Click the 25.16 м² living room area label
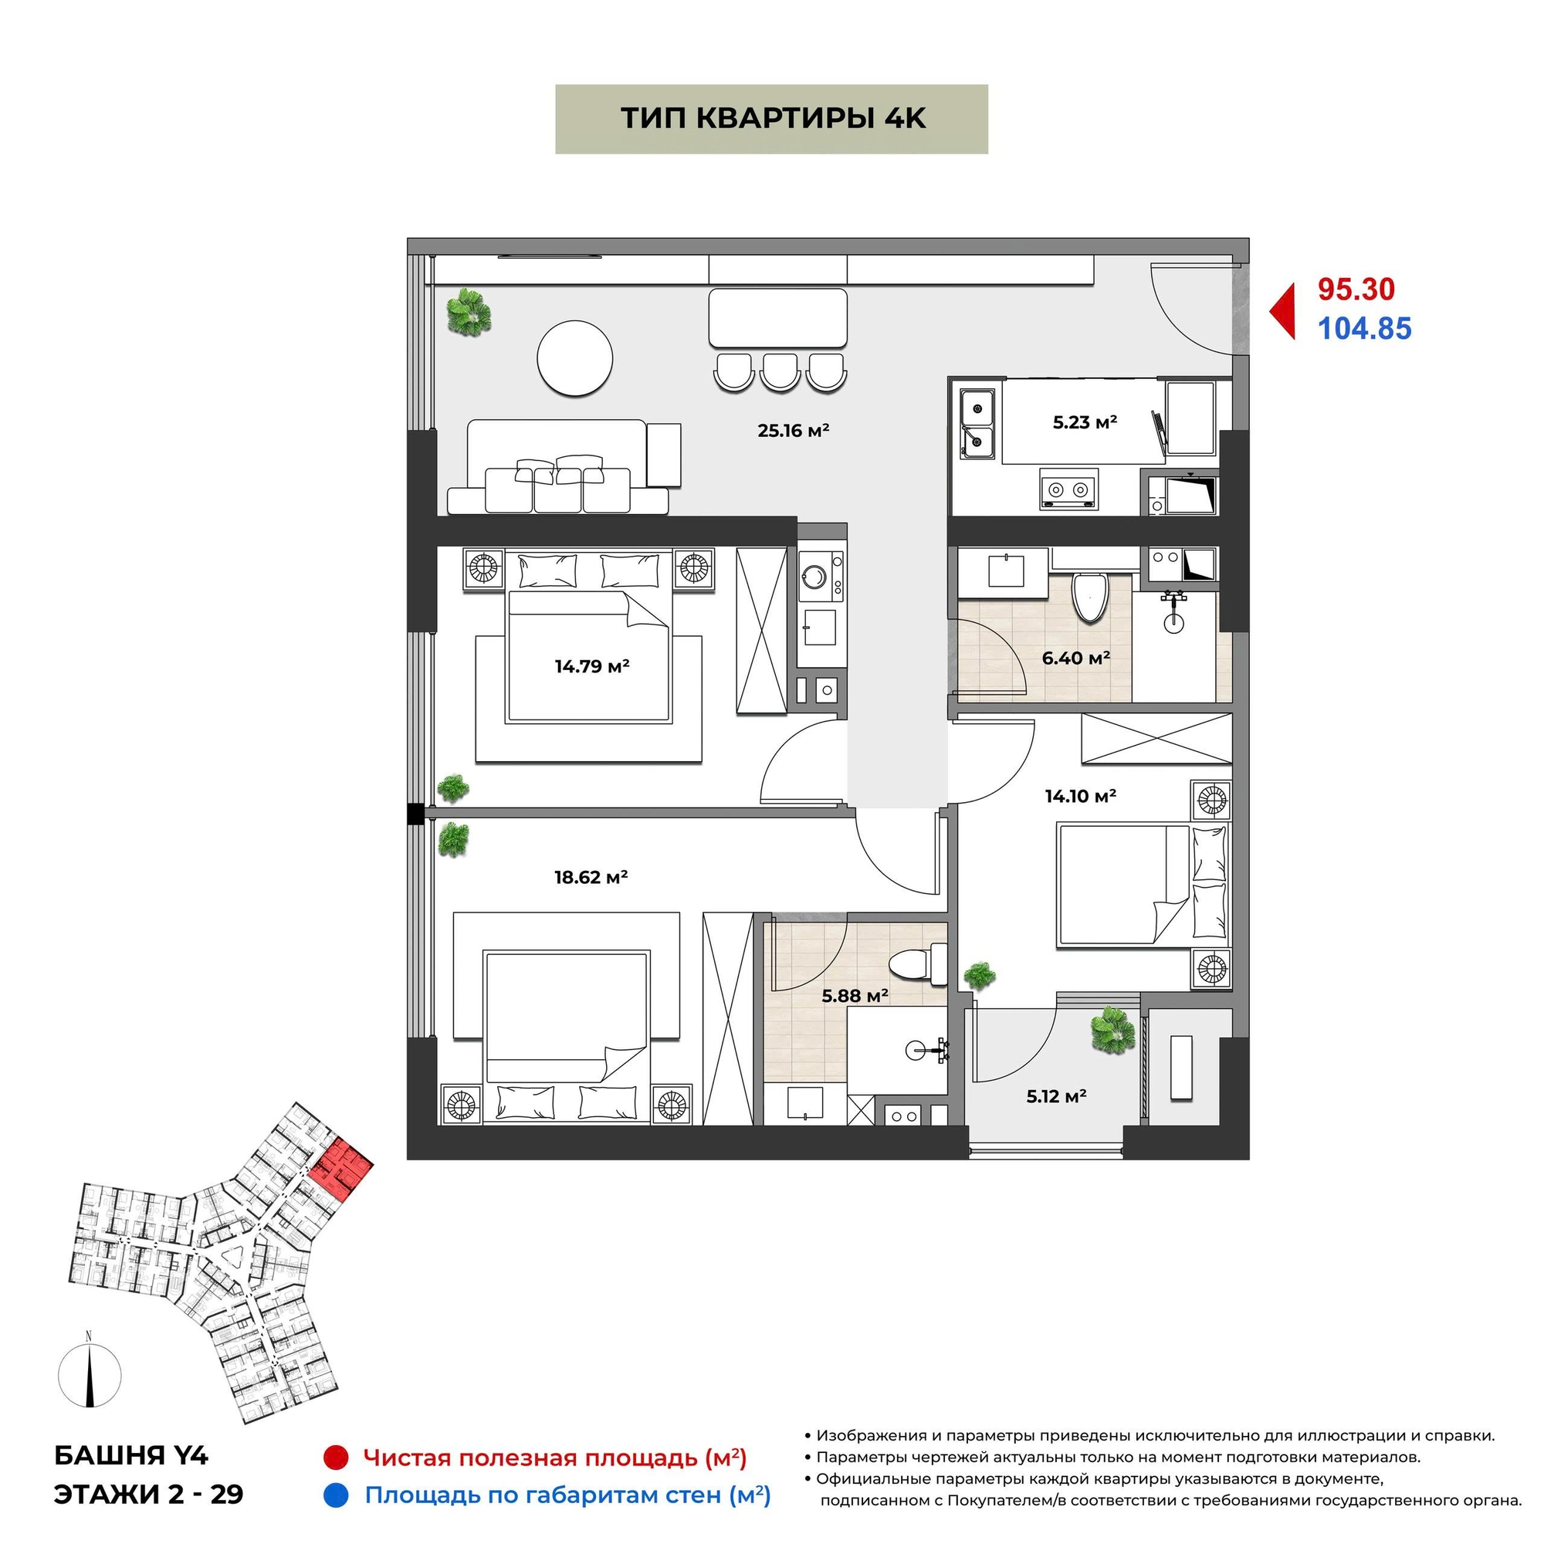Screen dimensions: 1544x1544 pyautogui.click(x=793, y=431)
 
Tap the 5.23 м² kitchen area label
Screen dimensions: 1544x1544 pyautogui.click(x=1085, y=422)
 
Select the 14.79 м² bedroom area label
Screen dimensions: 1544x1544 pyautogui.click(x=592, y=665)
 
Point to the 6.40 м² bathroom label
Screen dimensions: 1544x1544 pyautogui.click(x=1075, y=658)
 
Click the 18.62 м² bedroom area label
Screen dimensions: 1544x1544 pyautogui.click(x=591, y=877)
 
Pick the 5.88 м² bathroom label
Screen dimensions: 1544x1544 pyautogui.click(x=855, y=996)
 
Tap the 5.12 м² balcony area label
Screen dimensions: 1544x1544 pyautogui.click(x=1057, y=1096)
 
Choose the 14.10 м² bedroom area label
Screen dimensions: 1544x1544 pyautogui.click(x=1081, y=796)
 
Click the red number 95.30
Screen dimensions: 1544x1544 pyautogui.click(x=1356, y=289)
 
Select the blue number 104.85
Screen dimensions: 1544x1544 pyautogui.click(x=1364, y=328)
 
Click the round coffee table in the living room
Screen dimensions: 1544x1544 pyautogui.click(x=574, y=358)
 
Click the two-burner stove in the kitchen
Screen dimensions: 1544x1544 pyautogui.click(x=1068, y=489)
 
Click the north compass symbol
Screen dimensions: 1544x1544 pyautogui.click(x=90, y=1376)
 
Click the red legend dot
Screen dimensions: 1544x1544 pyautogui.click(x=336, y=1457)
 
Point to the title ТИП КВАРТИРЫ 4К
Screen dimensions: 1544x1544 pyautogui.click(x=773, y=118)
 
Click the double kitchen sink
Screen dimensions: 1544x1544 pyautogui.click(x=977, y=424)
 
